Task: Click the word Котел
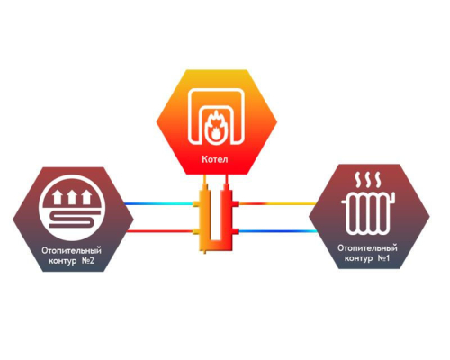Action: (x=215, y=159)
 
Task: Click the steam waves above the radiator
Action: (x=368, y=179)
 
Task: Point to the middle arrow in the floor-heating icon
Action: (x=72, y=197)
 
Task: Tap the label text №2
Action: (x=88, y=260)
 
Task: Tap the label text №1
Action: (x=383, y=258)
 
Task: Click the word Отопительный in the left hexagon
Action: (x=71, y=251)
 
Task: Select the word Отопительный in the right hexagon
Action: (x=367, y=248)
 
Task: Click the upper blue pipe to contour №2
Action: (x=159, y=204)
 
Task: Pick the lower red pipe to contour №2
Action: (x=160, y=231)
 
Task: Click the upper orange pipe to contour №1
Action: (x=277, y=204)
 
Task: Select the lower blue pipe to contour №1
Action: (x=277, y=231)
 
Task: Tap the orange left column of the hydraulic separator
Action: (x=204, y=218)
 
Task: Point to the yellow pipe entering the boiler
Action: (x=204, y=179)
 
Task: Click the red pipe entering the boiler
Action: (x=227, y=179)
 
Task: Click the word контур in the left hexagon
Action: (x=62, y=261)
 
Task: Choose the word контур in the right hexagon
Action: (x=358, y=258)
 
